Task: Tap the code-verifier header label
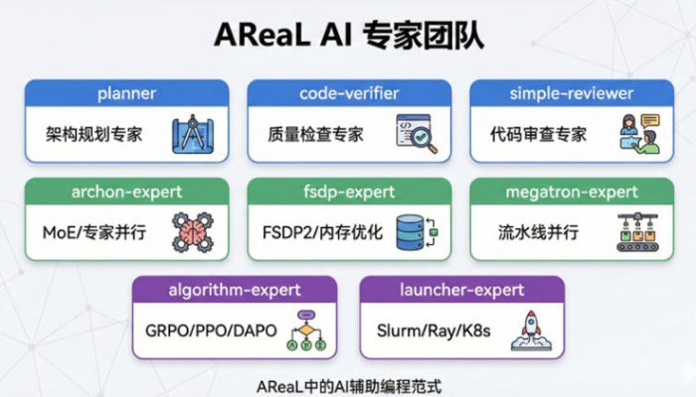tap(349, 93)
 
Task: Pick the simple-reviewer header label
tap(570, 93)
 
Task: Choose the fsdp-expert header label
tap(349, 191)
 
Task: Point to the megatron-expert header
tap(570, 191)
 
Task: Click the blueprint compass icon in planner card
tap(191, 134)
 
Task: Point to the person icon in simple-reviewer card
tap(637, 134)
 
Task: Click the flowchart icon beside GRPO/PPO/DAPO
tap(306, 330)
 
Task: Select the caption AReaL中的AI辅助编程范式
tap(348, 383)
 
